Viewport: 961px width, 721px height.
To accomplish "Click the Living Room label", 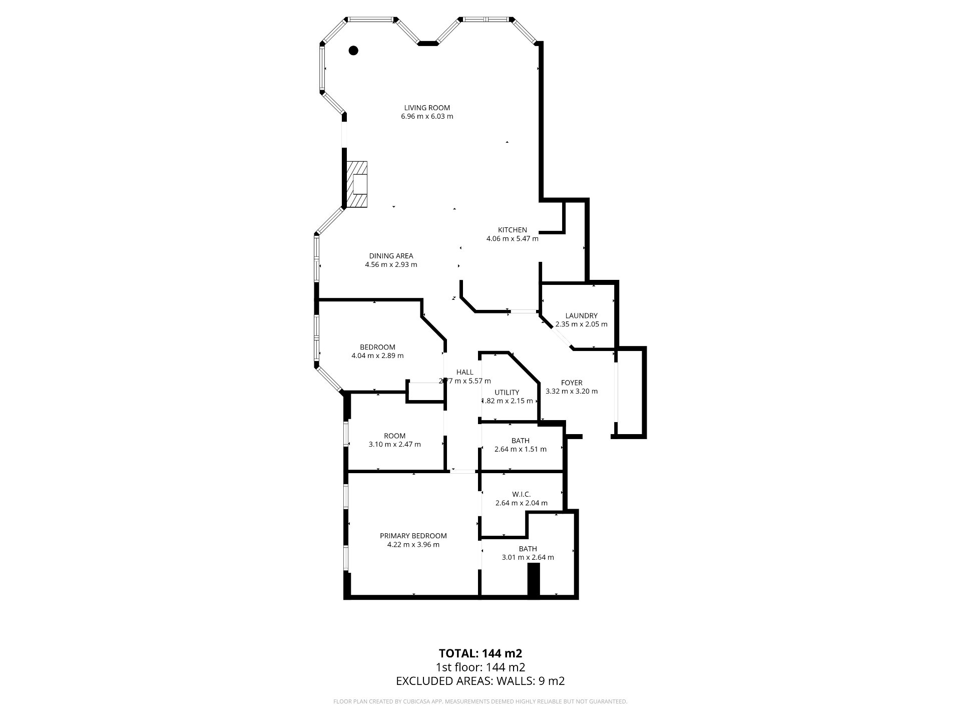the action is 427,108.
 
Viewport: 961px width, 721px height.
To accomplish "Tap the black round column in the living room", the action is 353,50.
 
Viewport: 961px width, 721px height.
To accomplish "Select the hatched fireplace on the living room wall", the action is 357,184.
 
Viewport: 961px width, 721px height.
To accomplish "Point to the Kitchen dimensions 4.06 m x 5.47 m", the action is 512,239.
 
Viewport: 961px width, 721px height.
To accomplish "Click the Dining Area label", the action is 391,256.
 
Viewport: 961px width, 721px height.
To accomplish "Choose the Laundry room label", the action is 581,315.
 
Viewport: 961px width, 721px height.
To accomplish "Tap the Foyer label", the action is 571,383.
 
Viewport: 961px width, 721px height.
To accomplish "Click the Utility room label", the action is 507,392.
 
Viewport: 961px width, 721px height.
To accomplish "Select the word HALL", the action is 464,372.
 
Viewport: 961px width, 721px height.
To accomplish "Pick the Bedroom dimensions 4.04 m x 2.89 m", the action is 377,356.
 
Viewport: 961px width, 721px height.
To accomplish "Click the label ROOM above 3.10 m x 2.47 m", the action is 394,436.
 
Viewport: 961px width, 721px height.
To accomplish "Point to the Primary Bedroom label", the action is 413,536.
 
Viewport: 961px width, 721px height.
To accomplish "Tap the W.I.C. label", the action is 521,494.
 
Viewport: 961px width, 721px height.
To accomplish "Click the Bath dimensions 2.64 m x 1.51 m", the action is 521,450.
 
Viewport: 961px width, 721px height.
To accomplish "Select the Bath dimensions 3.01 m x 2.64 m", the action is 528,557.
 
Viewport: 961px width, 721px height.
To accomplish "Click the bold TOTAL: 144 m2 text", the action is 480,653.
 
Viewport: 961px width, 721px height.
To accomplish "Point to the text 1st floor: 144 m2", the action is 480,667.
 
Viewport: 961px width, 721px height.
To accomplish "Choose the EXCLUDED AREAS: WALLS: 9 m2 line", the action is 480,681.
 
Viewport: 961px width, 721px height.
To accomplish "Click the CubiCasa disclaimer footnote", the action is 480,701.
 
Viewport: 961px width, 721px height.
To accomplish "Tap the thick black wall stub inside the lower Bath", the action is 535,580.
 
